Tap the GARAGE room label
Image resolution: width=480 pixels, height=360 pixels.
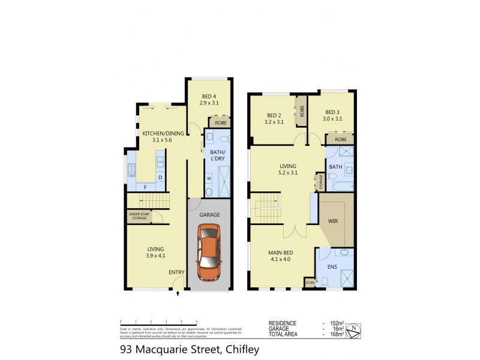209,215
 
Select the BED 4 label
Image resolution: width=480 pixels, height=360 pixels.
208,97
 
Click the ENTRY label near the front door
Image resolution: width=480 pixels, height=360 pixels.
176,272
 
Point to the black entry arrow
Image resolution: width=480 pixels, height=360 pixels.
178,294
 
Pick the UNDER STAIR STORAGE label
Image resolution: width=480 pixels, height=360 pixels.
139,216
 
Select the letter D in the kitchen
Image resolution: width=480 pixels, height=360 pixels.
160,178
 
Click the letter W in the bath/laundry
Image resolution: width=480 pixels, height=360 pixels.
209,178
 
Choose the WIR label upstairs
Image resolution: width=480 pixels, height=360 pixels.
333,221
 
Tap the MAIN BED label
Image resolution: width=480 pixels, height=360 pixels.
279,253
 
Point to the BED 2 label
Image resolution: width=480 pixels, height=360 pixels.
274,115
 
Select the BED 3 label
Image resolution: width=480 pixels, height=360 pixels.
333,112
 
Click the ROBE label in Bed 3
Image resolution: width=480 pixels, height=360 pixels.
340,139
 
